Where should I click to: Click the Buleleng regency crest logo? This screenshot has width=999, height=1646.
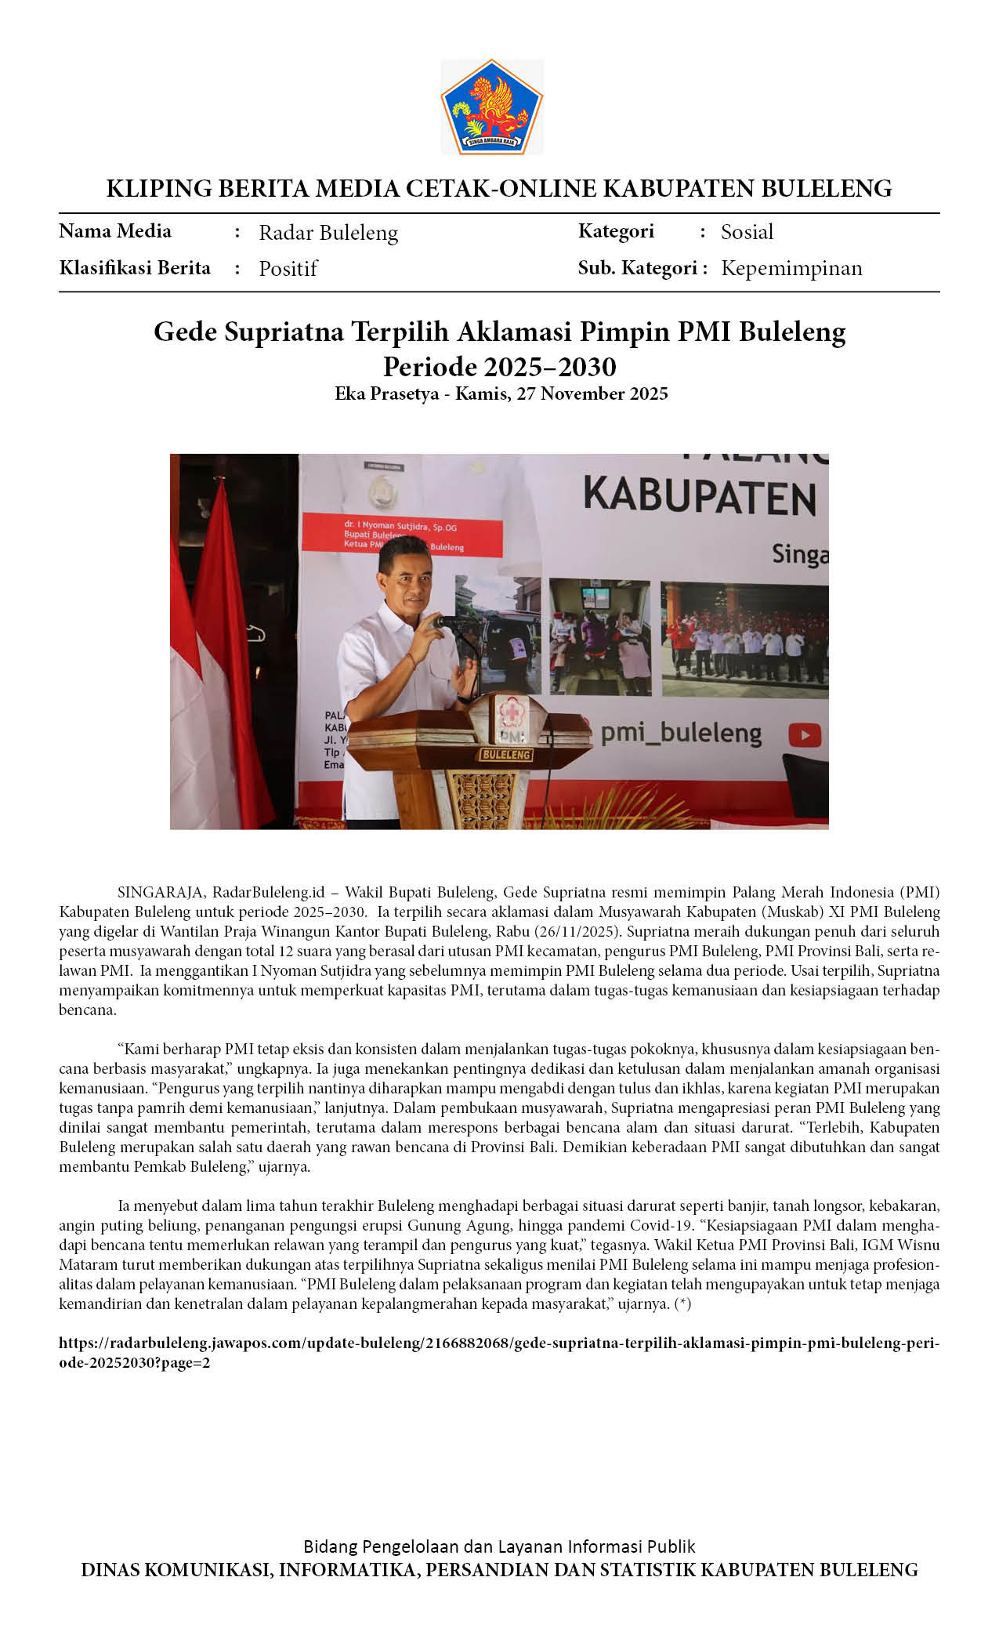pyautogui.click(x=492, y=107)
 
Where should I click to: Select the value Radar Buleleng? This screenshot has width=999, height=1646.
pyautogui.click(x=328, y=233)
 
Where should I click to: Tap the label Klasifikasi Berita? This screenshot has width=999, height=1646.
pyautogui.click(x=135, y=268)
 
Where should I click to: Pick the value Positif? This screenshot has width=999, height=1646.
pyautogui.click(x=288, y=269)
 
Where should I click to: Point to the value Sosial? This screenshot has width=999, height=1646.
pyautogui.click(x=747, y=232)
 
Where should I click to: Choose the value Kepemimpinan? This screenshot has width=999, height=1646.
pyautogui.click(x=791, y=268)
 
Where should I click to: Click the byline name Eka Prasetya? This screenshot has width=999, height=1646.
pyautogui.click(x=386, y=393)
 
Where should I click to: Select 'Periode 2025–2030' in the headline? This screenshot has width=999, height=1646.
pyautogui.click(x=499, y=367)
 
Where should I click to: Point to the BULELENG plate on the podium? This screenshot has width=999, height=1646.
pyautogui.click(x=506, y=754)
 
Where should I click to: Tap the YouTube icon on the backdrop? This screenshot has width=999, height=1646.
pyautogui.click(x=805, y=735)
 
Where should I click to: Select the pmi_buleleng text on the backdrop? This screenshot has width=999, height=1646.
pyautogui.click(x=680, y=734)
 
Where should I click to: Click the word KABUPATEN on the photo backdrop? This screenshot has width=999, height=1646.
pyautogui.click(x=700, y=498)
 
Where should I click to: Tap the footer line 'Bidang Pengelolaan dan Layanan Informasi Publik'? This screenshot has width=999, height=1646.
pyautogui.click(x=499, y=1546)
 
